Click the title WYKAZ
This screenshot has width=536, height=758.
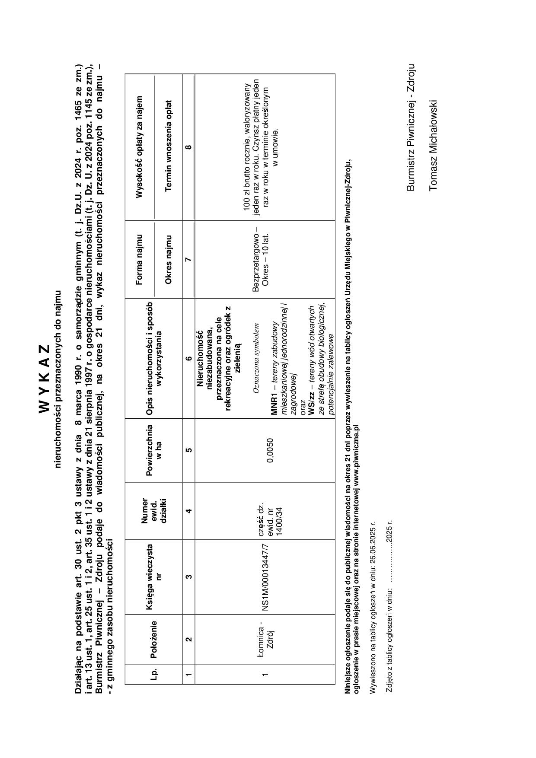point(45,379)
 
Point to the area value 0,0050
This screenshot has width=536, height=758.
point(270,450)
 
